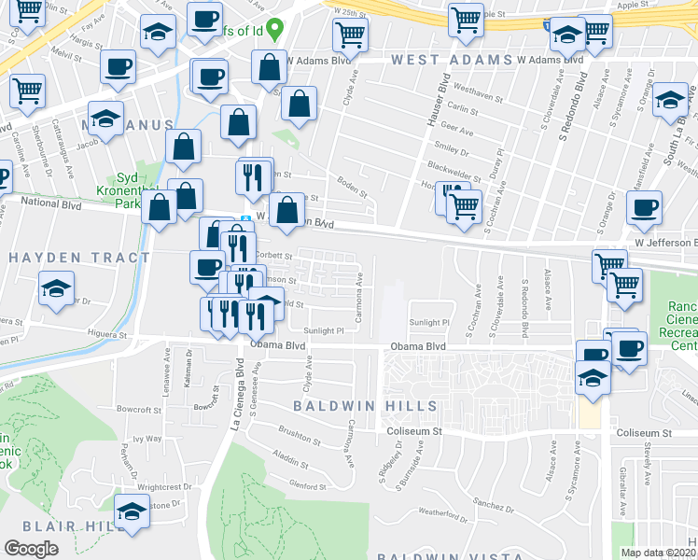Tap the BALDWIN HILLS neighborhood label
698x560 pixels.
coord(365,406)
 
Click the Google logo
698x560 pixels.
coord(31,548)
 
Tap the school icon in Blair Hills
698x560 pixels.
coord(132,511)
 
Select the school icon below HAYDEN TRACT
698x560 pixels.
coord(57,288)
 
